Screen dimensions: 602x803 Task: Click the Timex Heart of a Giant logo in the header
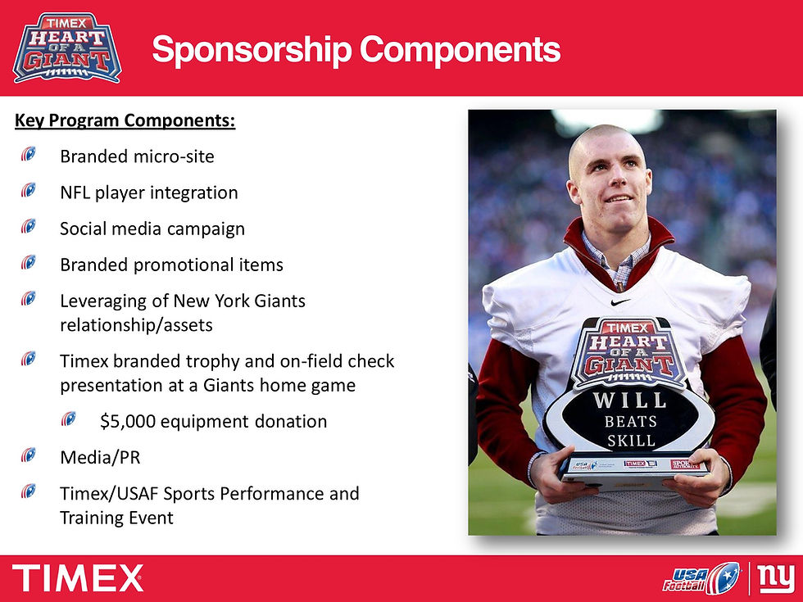click(67, 47)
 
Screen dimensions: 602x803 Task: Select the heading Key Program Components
click(125, 121)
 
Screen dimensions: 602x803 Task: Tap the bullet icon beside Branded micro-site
click(29, 152)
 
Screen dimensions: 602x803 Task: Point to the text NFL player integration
click(148, 192)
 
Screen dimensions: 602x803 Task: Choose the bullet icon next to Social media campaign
click(29, 225)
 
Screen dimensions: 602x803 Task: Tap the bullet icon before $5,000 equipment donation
click(69, 419)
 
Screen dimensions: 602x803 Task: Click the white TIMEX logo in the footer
click(78, 578)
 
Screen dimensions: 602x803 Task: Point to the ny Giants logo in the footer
click(776, 578)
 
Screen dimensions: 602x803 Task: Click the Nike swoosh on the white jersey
click(621, 301)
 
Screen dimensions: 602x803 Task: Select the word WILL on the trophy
click(629, 401)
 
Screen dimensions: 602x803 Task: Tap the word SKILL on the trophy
click(630, 441)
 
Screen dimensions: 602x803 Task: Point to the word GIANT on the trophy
click(631, 365)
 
